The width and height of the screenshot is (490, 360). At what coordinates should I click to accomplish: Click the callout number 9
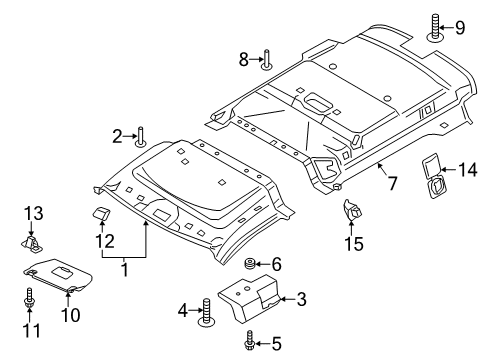click(x=461, y=26)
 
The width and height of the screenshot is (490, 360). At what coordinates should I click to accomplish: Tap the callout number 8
click(x=243, y=60)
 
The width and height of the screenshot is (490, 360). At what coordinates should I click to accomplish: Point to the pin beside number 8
click(x=266, y=61)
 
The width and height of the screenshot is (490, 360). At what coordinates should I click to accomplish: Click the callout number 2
click(x=117, y=136)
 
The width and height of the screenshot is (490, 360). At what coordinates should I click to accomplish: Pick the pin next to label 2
click(x=140, y=137)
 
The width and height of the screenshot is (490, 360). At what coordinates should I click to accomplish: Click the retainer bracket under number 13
click(x=35, y=243)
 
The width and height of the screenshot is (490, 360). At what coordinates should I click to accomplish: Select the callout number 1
click(x=126, y=268)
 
